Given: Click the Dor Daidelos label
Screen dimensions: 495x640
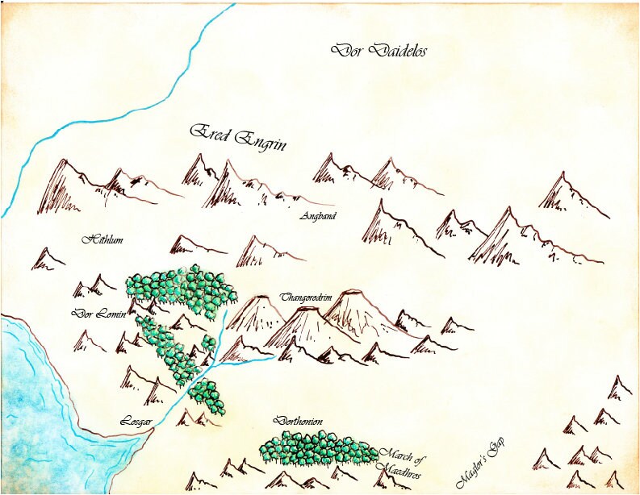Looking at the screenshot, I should [379, 51].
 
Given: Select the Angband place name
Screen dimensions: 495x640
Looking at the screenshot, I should [317, 216].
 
